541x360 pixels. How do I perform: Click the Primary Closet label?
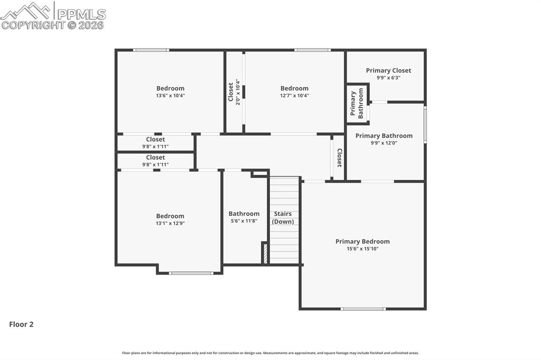[x=388, y=70]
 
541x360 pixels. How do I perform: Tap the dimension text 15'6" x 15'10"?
[x=362, y=249]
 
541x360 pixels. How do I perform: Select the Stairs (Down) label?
[x=283, y=217]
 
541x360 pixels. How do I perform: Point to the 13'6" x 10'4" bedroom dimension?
[x=170, y=96]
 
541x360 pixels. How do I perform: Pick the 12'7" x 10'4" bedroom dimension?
[x=294, y=96]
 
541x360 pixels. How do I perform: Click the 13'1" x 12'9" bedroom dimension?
[x=170, y=223]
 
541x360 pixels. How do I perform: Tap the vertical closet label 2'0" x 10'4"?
[x=238, y=92]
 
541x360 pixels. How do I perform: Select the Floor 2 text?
[x=21, y=325]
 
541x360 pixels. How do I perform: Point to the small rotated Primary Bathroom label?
[x=357, y=103]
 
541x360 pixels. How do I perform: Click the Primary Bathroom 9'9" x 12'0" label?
[x=384, y=139]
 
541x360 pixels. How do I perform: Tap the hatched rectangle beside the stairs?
[x=265, y=253]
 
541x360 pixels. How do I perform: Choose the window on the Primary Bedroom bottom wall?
[x=363, y=309]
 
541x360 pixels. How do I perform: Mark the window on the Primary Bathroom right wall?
[x=425, y=125]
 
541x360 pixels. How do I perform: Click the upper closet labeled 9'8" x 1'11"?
[x=155, y=143]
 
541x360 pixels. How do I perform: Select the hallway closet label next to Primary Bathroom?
[x=339, y=157]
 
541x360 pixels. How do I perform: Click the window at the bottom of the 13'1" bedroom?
[x=191, y=273]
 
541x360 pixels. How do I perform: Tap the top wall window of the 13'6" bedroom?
[x=151, y=50]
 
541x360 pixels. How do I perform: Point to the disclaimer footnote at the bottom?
[x=270, y=353]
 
